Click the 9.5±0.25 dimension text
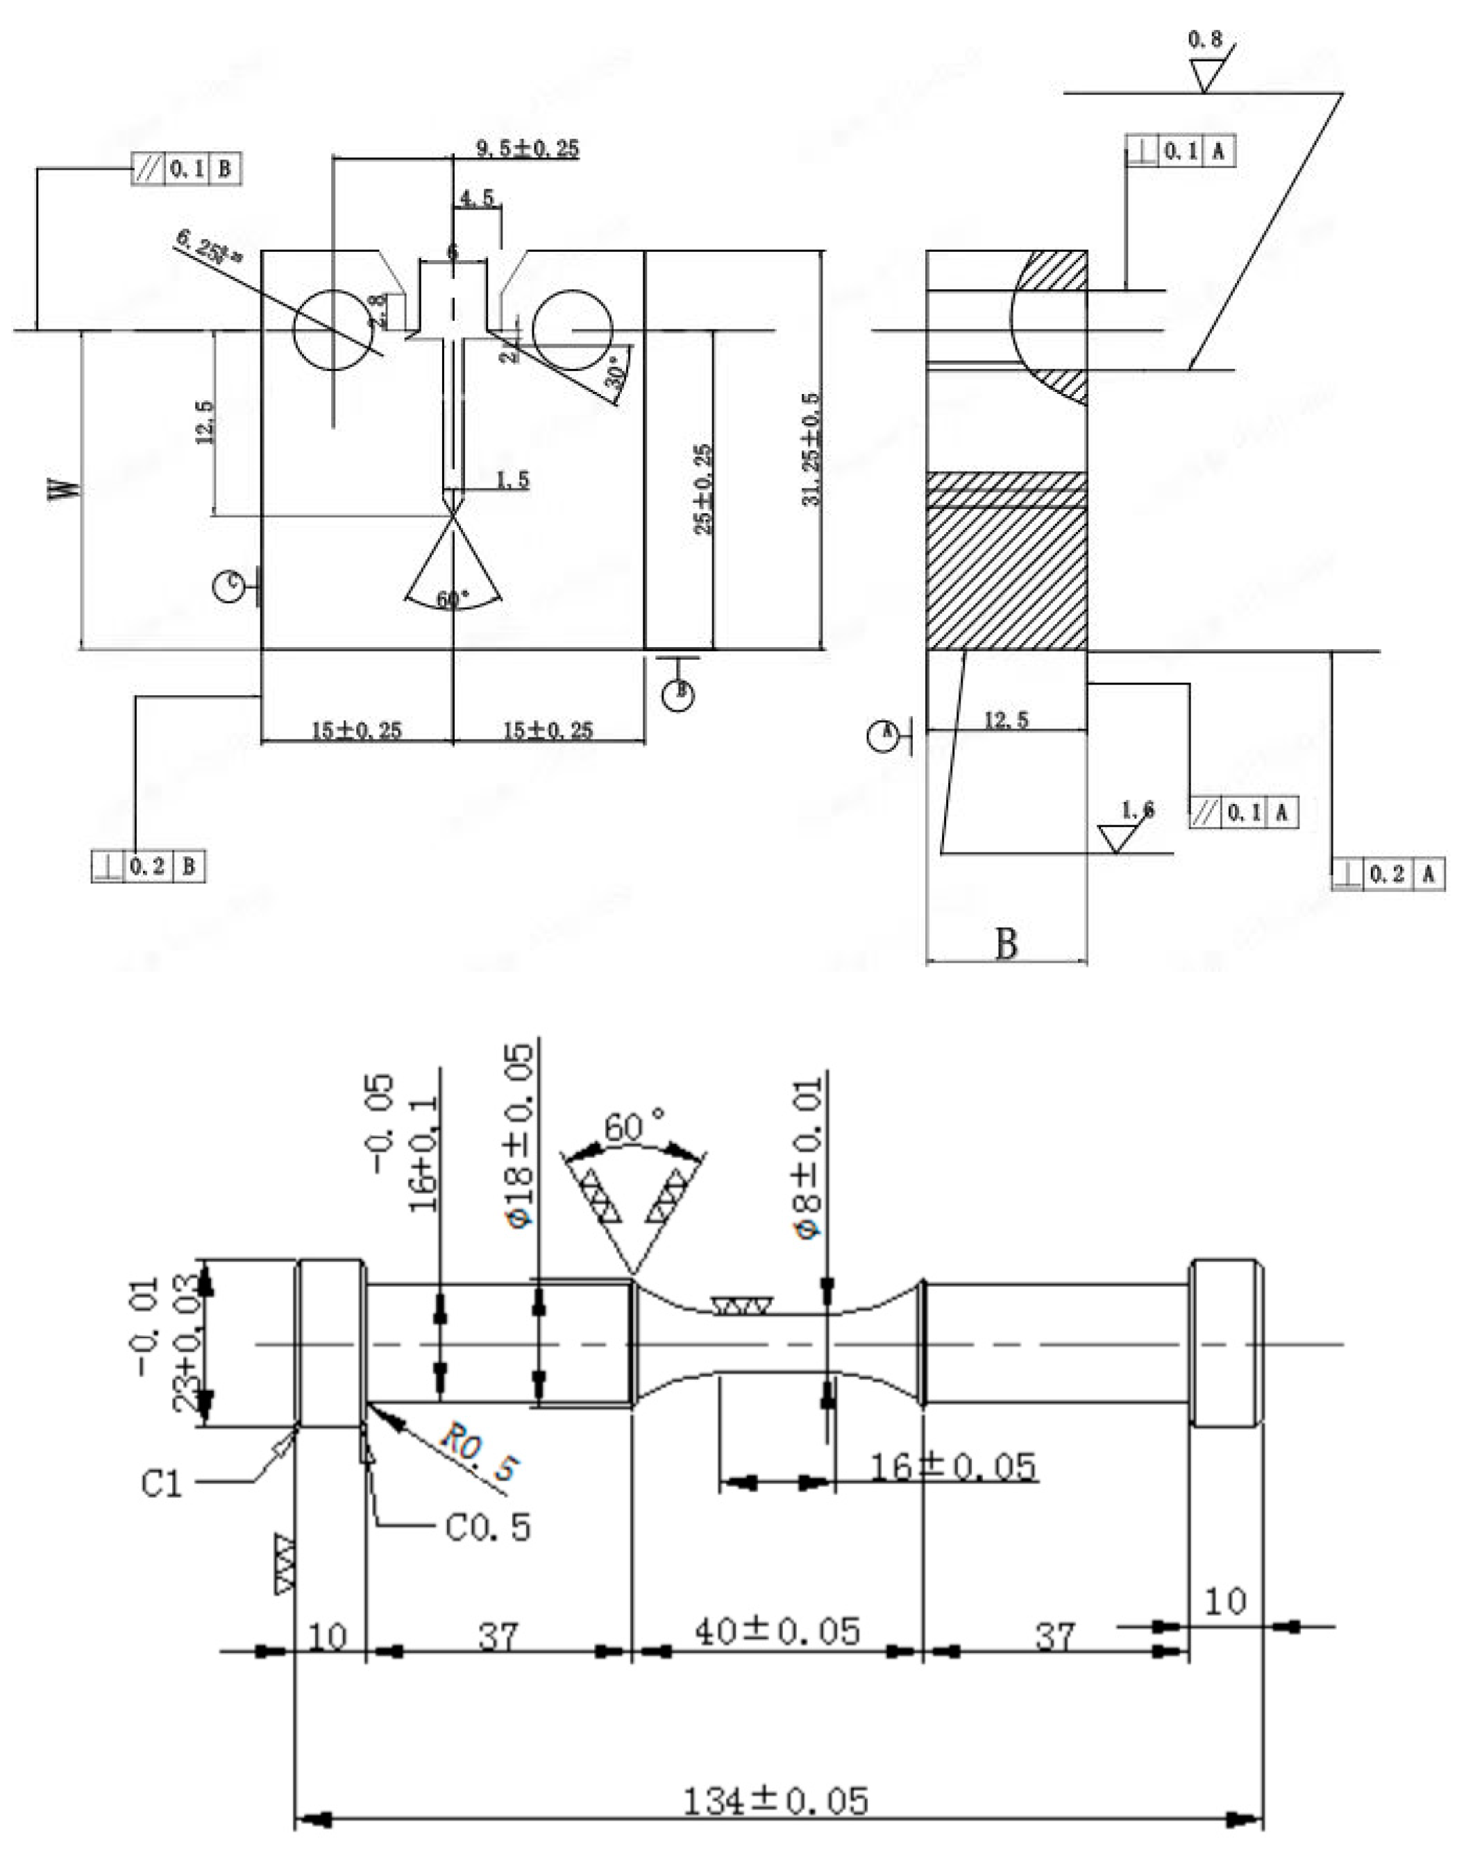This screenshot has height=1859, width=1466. (x=527, y=148)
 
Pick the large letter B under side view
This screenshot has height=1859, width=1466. (x=1006, y=943)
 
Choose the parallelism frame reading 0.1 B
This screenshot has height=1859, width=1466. (x=186, y=169)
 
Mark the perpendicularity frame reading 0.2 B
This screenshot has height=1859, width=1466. (x=149, y=866)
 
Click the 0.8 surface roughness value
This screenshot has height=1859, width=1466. (x=1204, y=39)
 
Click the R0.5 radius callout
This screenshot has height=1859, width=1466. (x=480, y=1450)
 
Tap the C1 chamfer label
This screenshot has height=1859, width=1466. (x=162, y=1482)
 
